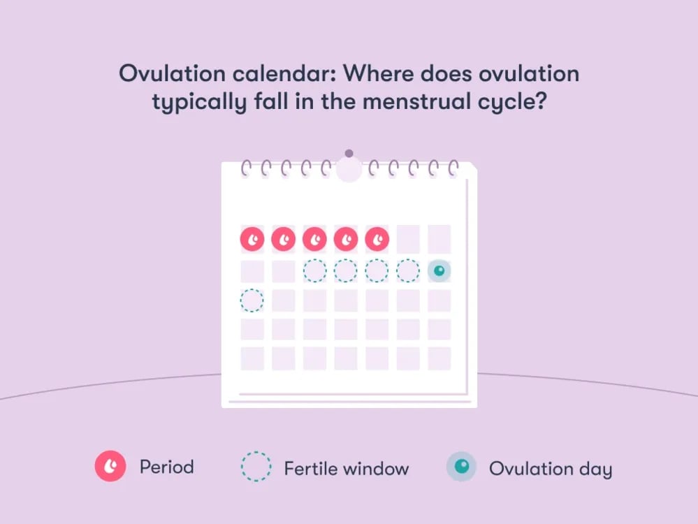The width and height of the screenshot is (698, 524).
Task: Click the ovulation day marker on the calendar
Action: (x=439, y=270)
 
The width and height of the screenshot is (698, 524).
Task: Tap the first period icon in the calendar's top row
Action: (x=252, y=240)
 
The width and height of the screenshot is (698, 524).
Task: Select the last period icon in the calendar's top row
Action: (x=377, y=240)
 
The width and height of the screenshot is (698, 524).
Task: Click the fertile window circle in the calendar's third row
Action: (x=252, y=300)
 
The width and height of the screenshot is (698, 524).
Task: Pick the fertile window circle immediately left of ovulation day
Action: (x=408, y=270)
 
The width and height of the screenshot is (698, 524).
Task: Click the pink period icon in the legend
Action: (x=110, y=466)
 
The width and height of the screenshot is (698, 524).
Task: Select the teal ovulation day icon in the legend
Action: (x=462, y=467)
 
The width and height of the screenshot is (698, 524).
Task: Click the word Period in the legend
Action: (x=167, y=467)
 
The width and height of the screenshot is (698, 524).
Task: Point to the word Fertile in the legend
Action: (x=310, y=468)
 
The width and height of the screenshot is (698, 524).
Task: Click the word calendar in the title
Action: (x=284, y=73)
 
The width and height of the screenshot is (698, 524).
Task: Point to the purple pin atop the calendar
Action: (x=349, y=154)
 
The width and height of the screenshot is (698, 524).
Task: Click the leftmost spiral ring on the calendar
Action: (x=246, y=168)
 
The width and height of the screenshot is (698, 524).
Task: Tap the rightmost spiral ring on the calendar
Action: (x=453, y=168)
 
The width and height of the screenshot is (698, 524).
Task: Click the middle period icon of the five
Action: (x=314, y=240)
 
